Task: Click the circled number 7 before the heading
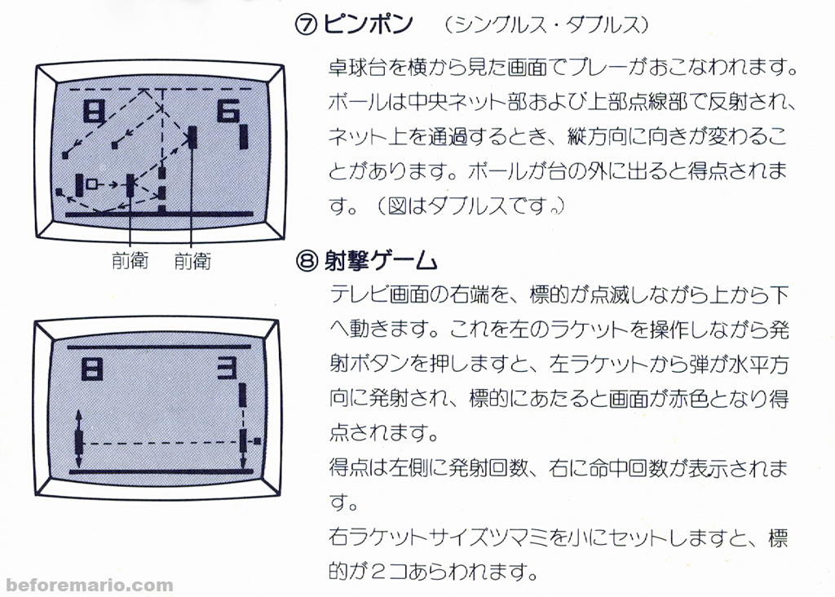(x=306, y=24)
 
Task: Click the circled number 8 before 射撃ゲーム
(x=306, y=262)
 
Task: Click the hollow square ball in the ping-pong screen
(x=92, y=184)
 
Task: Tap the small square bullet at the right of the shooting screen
(x=258, y=441)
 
